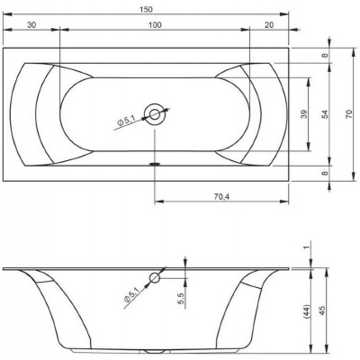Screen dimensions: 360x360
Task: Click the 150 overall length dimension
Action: (146, 10)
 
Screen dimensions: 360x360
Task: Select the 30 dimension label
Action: (31, 25)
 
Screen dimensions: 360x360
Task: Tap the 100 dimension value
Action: (155, 25)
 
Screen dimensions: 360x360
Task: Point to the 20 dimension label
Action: (269, 25)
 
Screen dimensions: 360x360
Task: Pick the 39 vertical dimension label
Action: (304, 114)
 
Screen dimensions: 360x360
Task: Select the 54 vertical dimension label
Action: (326, 114)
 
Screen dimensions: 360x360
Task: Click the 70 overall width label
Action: (349, 114)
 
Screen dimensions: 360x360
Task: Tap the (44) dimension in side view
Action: (306, 311)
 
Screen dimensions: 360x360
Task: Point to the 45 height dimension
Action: (322, 310)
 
